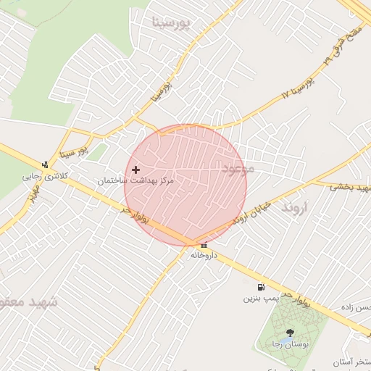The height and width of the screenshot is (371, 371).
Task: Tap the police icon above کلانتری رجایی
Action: coord(45,164)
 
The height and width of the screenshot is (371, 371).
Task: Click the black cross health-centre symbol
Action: coord(136,170)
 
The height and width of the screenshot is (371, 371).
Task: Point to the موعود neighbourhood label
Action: coord(238,169)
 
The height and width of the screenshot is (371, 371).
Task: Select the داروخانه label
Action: coord(205,255)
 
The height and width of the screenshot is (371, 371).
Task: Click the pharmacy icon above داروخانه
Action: coord(204,245)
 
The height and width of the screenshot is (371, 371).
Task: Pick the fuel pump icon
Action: coord(261,288)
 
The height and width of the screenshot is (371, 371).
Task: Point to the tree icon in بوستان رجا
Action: coord(291,332)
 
